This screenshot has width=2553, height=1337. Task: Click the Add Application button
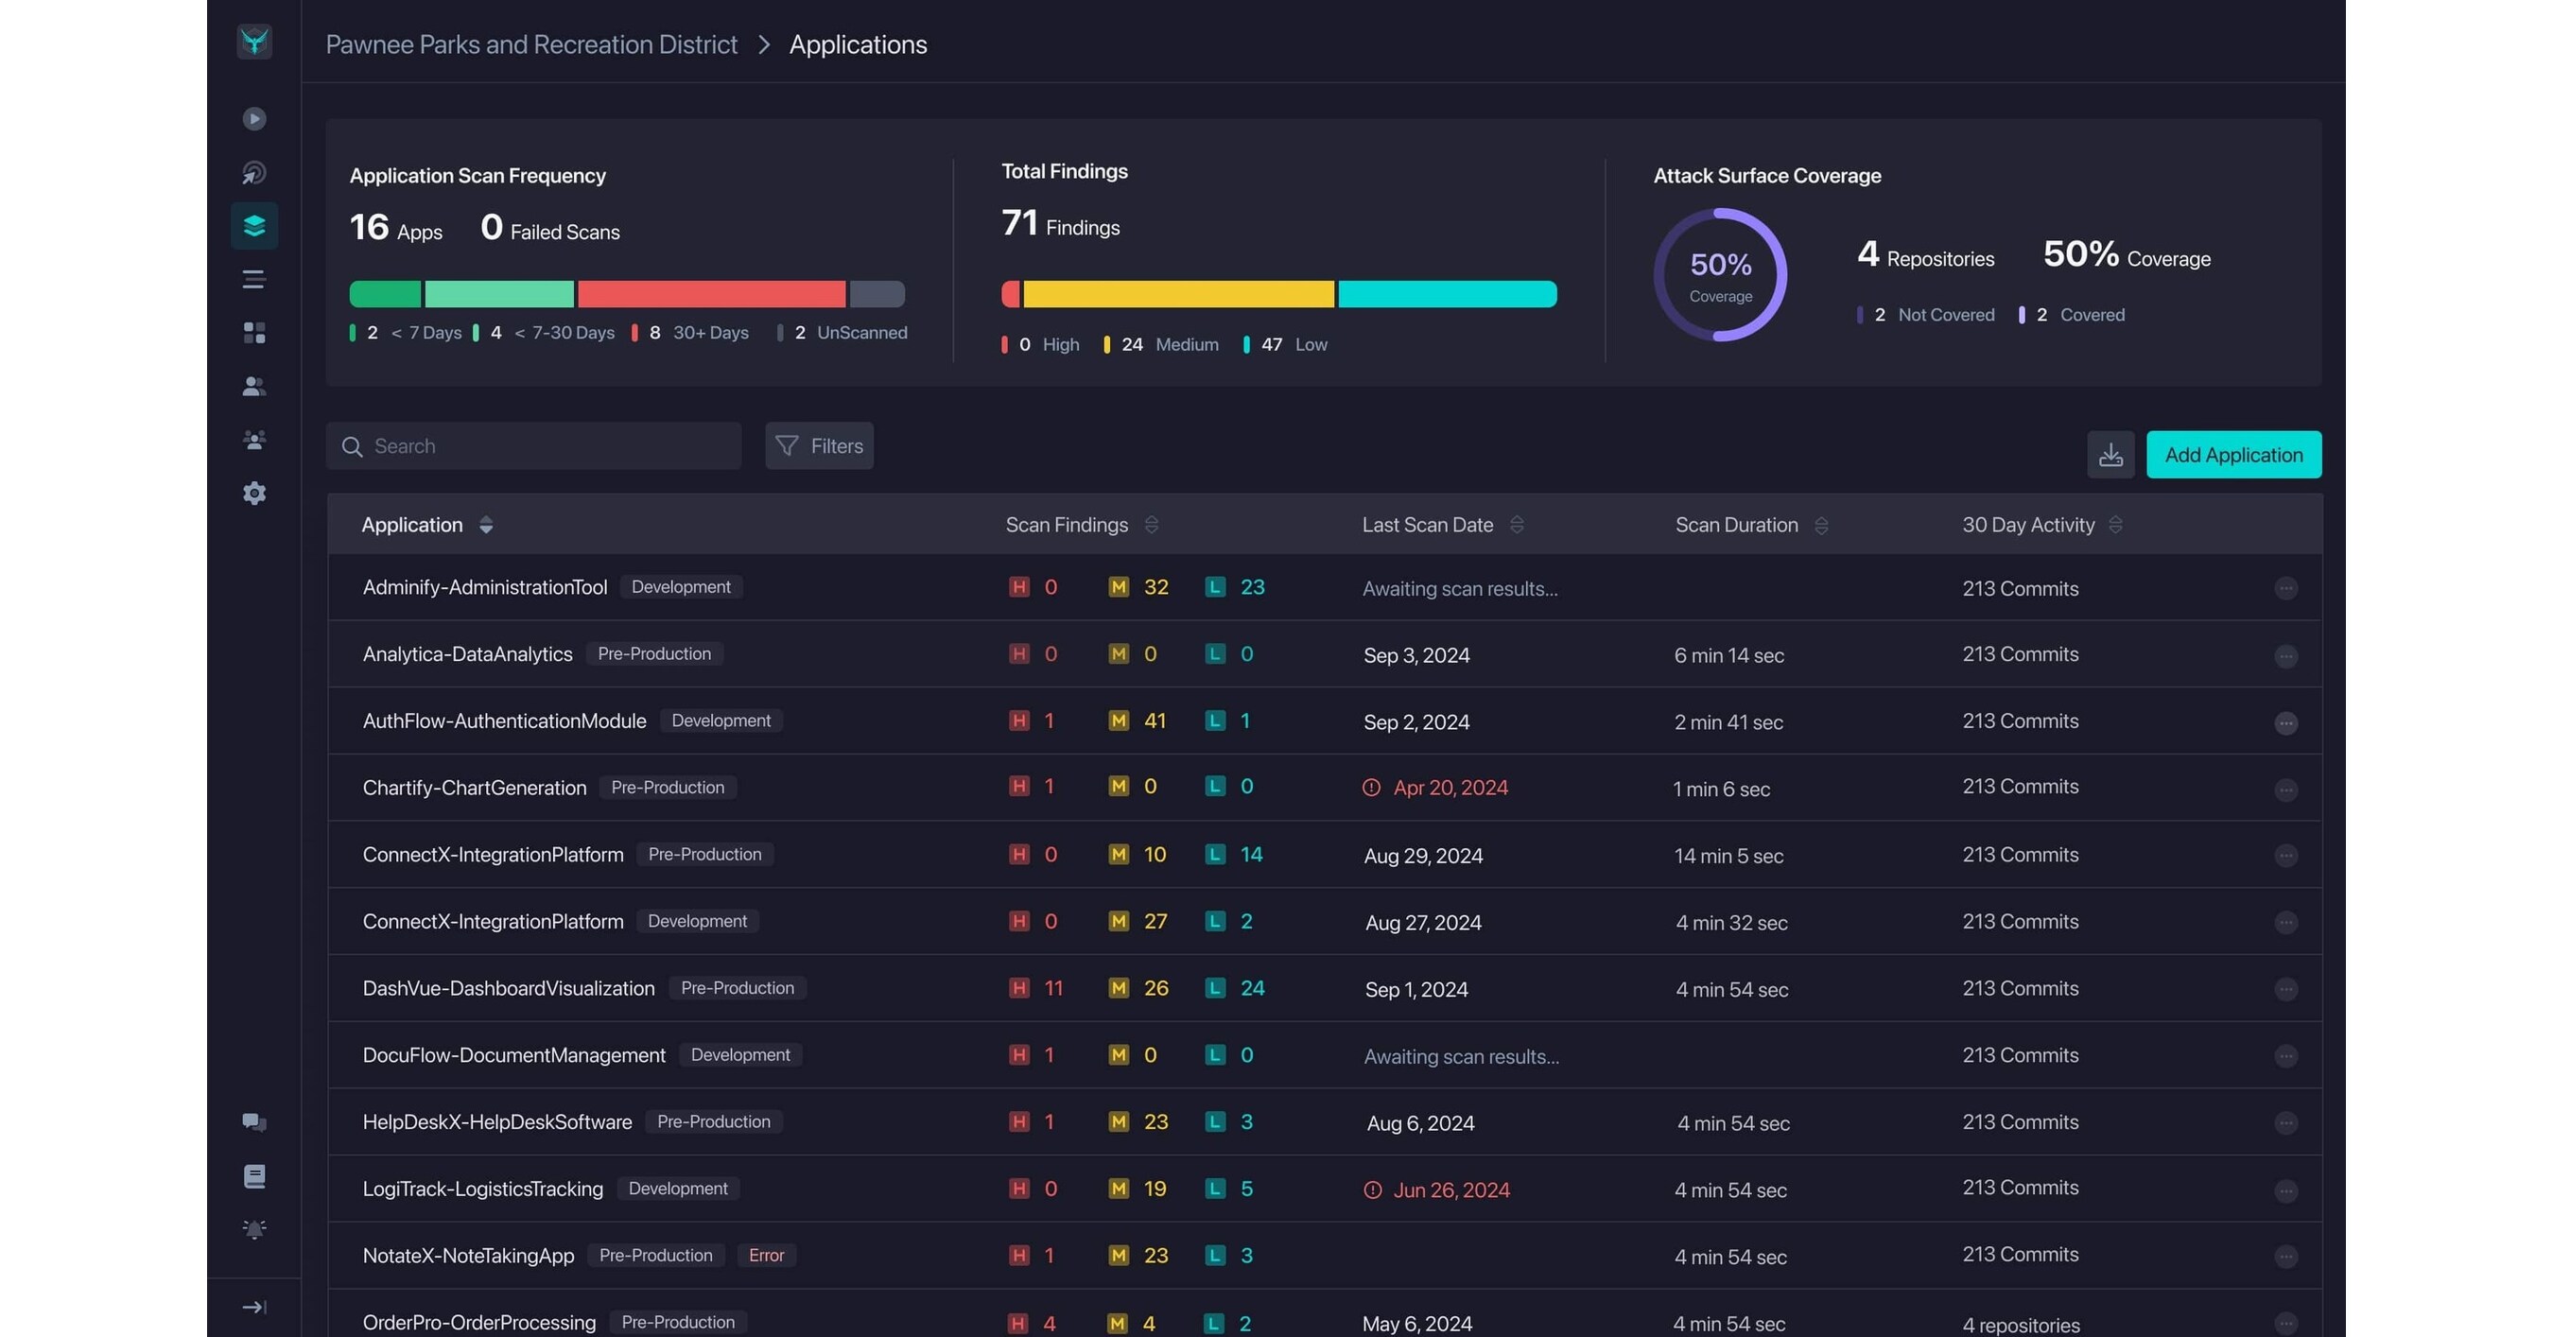(x=2232, y=455)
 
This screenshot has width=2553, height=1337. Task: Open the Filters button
(x=819, y=446)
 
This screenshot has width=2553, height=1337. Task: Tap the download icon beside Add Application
(x=2110, y=455)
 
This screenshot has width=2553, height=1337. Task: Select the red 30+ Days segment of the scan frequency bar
(x=711, y=294)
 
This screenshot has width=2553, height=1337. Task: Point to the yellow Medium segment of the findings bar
(x=1177, y=294)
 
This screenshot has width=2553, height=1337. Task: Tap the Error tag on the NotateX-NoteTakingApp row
(x=766, y=1256)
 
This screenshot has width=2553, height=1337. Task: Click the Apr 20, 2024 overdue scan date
(x=1450, y=788)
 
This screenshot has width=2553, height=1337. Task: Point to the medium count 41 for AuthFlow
(x=1155, y=721)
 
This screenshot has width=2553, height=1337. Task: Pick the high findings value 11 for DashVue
(x=1053, y=988)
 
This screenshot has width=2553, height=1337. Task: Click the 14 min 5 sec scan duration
(x=1728, y=857)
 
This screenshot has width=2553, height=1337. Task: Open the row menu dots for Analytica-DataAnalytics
(x=2285, y=656)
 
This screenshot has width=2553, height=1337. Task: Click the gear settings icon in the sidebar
(x=254, y=494)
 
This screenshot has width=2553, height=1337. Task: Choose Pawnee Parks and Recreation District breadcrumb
(x=531, y=44)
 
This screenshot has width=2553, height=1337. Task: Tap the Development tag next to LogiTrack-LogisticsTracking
(x=678, y=1189)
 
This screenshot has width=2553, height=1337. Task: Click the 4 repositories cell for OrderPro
(x=2021, y=1325)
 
